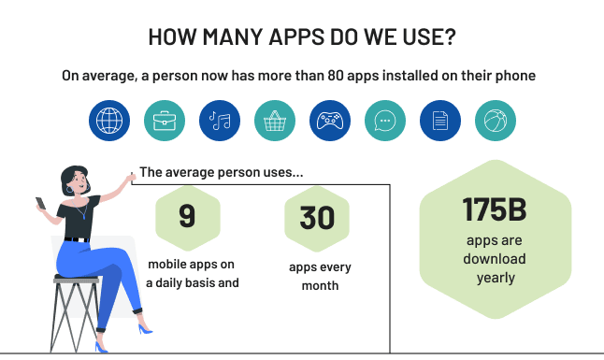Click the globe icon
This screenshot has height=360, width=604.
109,121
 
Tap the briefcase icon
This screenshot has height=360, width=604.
165,121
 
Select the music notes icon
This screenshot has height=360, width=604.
220,121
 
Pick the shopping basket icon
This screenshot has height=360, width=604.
275,121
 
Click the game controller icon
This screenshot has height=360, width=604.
330,121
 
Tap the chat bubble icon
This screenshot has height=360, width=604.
385,121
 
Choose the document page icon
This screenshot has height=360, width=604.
440,121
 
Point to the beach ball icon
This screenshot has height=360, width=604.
496,121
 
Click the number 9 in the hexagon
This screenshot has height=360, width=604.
187,216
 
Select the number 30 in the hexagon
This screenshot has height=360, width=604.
318,216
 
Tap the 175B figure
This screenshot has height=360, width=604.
496,210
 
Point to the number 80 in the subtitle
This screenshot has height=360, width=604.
337,76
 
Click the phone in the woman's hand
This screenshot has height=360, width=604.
40,202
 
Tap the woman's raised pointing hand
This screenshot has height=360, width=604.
129,179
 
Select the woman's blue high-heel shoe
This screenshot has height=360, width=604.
144,328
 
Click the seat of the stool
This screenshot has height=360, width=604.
77,279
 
